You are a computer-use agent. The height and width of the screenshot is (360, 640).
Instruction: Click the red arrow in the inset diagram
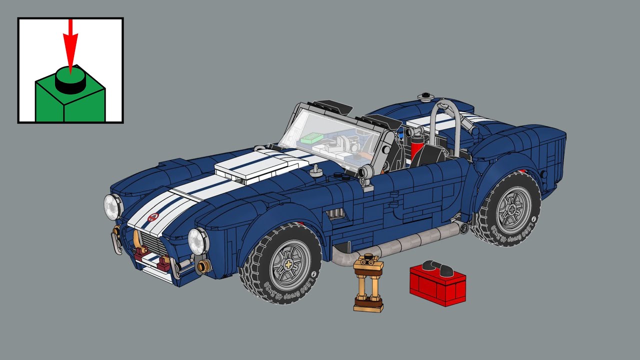coord(70,45)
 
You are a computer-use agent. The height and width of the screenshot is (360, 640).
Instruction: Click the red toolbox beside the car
coord(437,284)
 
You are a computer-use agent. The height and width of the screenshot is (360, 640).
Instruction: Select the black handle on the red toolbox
coord(436,268)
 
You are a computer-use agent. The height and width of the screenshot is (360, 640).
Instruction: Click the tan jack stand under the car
coord(368,284)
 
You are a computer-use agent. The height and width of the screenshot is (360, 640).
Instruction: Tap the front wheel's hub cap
coord(290,264)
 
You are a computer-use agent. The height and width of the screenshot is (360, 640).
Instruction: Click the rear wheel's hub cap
coord(511,208)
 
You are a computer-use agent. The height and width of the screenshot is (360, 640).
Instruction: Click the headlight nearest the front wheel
coord(198,240)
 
